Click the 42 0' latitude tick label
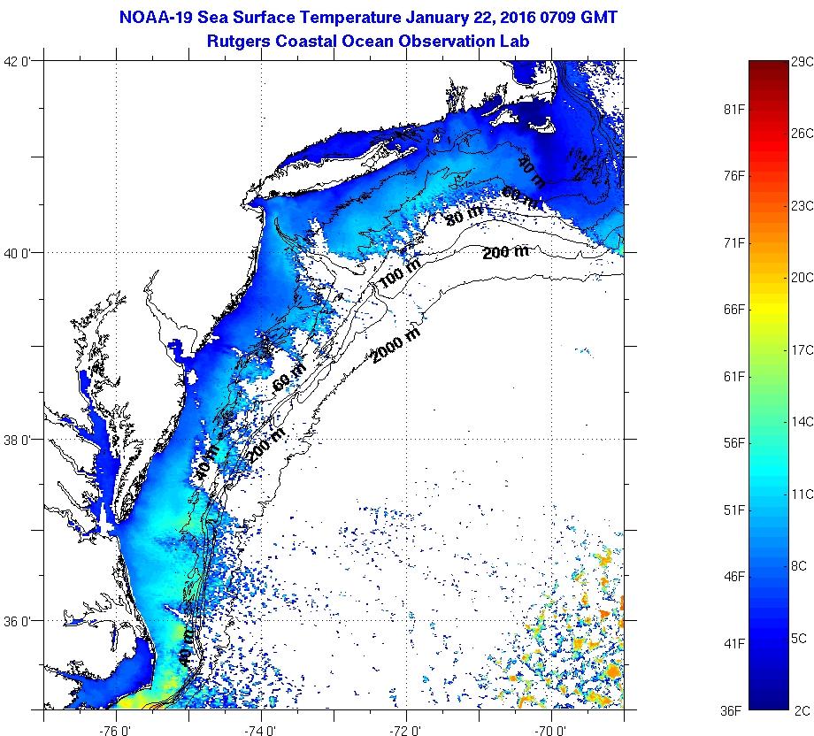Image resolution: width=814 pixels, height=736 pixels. click(x=19, y=61)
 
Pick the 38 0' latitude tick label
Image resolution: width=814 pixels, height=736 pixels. click(x=19, y=439)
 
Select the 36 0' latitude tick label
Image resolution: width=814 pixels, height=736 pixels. click(x=19, y=621)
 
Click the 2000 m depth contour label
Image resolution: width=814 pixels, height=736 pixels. click(x=395, y=345)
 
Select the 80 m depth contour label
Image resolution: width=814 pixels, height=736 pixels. click(x=465, y=215)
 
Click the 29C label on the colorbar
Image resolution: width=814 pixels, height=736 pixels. click(x=802, y=62)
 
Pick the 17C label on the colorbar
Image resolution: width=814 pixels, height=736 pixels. click(x=802, y=349)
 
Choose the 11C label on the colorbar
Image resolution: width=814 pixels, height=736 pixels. click(x=802, y=494)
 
